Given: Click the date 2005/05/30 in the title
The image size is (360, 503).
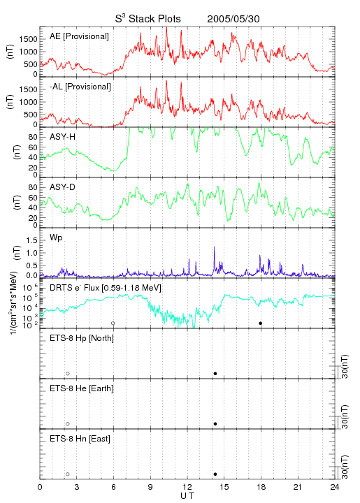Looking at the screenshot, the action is (233, 19).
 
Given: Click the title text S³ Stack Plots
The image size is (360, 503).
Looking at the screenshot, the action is (148, 19).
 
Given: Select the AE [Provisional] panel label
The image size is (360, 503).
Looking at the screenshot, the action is (79, 36).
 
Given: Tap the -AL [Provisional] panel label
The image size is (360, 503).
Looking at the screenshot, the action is (80, 87).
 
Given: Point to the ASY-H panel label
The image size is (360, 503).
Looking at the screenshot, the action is (63, 137).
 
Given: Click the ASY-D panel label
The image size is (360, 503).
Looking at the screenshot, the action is (63, 187).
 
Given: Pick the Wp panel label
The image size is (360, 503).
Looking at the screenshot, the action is (56, 238).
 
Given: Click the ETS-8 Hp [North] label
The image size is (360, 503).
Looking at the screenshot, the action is (82, 338).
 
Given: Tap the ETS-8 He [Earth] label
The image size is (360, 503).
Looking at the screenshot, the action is (82, 388).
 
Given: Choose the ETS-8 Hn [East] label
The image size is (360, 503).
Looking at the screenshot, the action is (80, 439).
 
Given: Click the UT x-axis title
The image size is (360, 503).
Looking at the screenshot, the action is (187, 495).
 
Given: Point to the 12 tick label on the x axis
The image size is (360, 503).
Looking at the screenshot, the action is (187, 487).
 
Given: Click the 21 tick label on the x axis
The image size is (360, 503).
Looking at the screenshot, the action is (298, 487).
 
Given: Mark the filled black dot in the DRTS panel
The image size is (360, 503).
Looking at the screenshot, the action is (261, 323).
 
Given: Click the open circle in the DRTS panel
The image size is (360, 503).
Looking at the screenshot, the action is (113, 323).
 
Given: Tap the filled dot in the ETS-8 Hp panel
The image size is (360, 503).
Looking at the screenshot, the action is (215, 374).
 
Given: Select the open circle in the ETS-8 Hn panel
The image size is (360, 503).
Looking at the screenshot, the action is (68, 474).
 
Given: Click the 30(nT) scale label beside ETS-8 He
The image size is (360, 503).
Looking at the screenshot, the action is (345, 416).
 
